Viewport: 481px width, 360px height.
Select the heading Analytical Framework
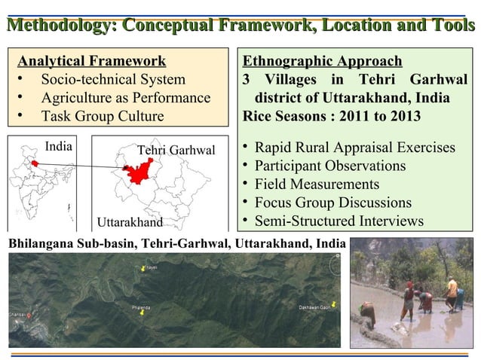coord(92,61)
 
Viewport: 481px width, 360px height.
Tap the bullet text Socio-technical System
coord(113,79)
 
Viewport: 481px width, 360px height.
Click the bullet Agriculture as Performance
coord(125,98)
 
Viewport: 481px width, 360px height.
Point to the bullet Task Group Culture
coord(102,116)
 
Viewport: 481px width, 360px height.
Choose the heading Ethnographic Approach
coord(322,61)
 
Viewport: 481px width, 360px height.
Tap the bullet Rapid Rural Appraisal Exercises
coord(354,147)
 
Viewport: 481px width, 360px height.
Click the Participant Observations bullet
coord(329,166)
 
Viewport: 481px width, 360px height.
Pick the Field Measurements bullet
coord(317,185)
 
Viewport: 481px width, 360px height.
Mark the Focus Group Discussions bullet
coord(332,203)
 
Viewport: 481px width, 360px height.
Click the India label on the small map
coord(59,146)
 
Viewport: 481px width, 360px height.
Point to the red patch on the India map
coord(35,163)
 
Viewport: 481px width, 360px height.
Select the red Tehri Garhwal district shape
coord(136,172)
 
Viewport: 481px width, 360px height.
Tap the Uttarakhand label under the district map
coord(130,222)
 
